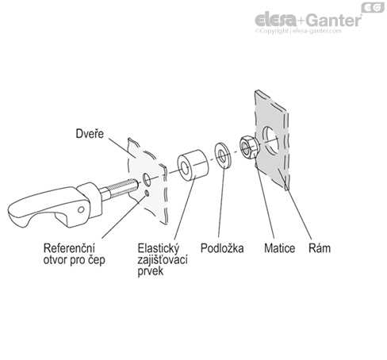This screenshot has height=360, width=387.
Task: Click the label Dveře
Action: pos(90,134)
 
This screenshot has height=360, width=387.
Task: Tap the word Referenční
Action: pos(69,248)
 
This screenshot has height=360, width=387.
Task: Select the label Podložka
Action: pos(222,248)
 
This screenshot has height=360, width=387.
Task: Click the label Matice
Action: pos(279,248)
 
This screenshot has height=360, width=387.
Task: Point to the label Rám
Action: pos(320,248)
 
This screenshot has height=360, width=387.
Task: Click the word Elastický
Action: pos(159,248)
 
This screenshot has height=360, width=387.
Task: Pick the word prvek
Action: pos(151,272)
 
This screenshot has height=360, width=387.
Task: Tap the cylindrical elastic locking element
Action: pos(193,166)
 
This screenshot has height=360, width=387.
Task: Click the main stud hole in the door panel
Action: pos(146,179)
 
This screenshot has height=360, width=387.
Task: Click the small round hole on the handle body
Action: pos(81,210)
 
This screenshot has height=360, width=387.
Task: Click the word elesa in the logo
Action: pos(276,20)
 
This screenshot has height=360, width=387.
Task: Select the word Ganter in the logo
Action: pos(334,20)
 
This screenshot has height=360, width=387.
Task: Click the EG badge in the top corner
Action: pos(373,7)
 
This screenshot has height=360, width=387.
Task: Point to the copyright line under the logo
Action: pos(298,31)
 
